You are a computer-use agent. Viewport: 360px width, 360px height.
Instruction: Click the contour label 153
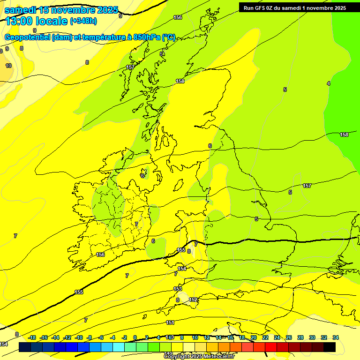[x=178, y=289]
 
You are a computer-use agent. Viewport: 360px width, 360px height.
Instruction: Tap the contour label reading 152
[x=193, y=300]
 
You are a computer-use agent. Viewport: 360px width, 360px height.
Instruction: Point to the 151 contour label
[x=170, y=322]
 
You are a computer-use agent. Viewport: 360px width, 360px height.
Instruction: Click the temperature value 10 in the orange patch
[x=8, y=66]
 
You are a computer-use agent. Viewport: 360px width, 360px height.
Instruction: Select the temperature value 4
[x=329, y=83]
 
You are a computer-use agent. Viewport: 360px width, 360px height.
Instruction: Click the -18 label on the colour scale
[x=32, y=337]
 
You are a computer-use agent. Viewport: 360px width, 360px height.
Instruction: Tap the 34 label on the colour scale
[x=336, y=337]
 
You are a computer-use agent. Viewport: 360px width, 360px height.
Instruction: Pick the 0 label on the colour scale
[x=135, y=337]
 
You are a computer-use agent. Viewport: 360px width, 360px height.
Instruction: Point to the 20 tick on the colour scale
[x=254, y=337]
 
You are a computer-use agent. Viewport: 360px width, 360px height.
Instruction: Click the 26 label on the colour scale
[x=289, y=337]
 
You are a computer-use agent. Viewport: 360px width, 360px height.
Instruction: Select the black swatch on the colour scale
[x=330, y=347]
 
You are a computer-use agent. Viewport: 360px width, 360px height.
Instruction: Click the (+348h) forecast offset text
[x=83, y=21]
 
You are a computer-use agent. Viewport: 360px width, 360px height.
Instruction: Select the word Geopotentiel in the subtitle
[x=27, y=37]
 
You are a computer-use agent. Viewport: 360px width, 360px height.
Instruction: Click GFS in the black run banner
[x=262, y=7]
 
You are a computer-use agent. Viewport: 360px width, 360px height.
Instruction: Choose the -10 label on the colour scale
[x=79, y=337]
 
